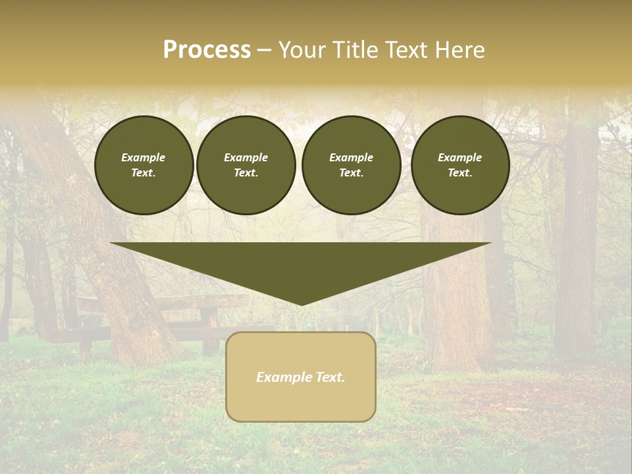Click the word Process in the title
(207, 50)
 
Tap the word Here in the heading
(458, 50)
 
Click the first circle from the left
(144, 165)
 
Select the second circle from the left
(246, 165)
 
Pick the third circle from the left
(351, 165)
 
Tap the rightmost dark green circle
(460, 165)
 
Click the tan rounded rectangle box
(300, 377)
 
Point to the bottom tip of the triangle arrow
(301, 304)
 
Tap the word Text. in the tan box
(330, 377)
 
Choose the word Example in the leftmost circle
(144, 157)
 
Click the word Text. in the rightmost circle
(460, 173)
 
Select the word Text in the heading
(406, 50)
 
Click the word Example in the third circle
(351, 157)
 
